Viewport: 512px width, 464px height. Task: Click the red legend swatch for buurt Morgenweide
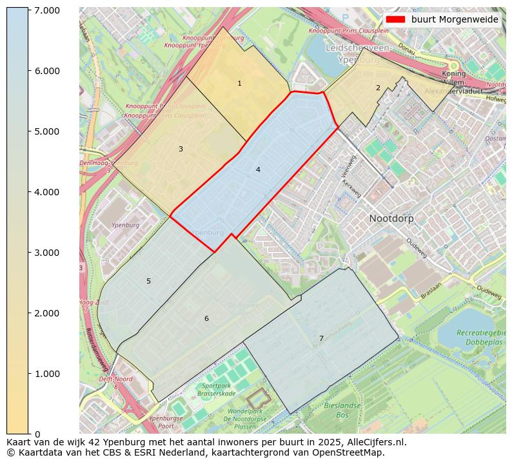tap(395, 19)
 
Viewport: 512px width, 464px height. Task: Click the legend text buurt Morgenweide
tap(455, 19)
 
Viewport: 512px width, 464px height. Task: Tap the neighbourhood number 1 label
tap(239, 83)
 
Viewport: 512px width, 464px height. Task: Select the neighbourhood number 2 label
tap(378, 88)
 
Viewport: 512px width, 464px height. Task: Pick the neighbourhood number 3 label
tap(181, 149)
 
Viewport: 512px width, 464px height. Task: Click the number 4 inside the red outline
tap(258, 169)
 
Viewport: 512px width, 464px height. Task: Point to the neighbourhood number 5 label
tap(148, 281)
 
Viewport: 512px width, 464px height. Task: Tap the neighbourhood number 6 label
tap(206, 318)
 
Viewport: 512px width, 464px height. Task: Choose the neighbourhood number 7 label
tap(321, 338)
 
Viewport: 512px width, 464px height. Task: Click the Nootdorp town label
tap(391, 218)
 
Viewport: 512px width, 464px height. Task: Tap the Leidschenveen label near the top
tap(357, 48)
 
